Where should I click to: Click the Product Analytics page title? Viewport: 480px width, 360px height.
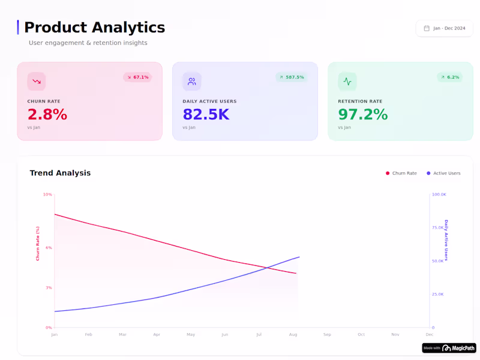(94, 28)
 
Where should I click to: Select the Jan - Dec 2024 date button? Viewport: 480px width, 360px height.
(445, 28)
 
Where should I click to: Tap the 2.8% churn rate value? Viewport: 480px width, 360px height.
(47, 115)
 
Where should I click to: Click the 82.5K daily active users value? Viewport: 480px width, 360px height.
(206, 115)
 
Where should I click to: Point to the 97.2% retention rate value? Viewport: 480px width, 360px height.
(362, 115)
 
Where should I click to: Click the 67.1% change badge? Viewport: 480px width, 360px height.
(137, 77)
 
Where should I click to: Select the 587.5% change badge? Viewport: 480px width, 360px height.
(292, 77)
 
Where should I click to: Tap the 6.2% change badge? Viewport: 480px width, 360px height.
(449, 77)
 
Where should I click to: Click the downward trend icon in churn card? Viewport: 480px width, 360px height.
(37, 82)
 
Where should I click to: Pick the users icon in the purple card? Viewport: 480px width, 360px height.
(192, 82)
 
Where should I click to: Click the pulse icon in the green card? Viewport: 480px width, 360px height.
(347, 82)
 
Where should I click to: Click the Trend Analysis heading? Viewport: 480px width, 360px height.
(60, 173)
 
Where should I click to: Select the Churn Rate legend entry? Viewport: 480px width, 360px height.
(401, 173)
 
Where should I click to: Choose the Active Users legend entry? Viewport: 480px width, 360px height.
(443, 173)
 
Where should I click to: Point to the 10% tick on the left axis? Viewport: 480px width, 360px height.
(47, 194)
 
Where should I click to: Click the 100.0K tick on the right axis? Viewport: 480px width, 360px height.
(439, 194)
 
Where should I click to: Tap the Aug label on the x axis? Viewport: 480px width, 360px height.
(293, 334)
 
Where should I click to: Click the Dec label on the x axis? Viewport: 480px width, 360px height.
(430, 334)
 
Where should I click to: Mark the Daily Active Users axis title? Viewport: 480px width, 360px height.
(446, 240)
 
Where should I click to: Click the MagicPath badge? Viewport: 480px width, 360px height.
(449, 348)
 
